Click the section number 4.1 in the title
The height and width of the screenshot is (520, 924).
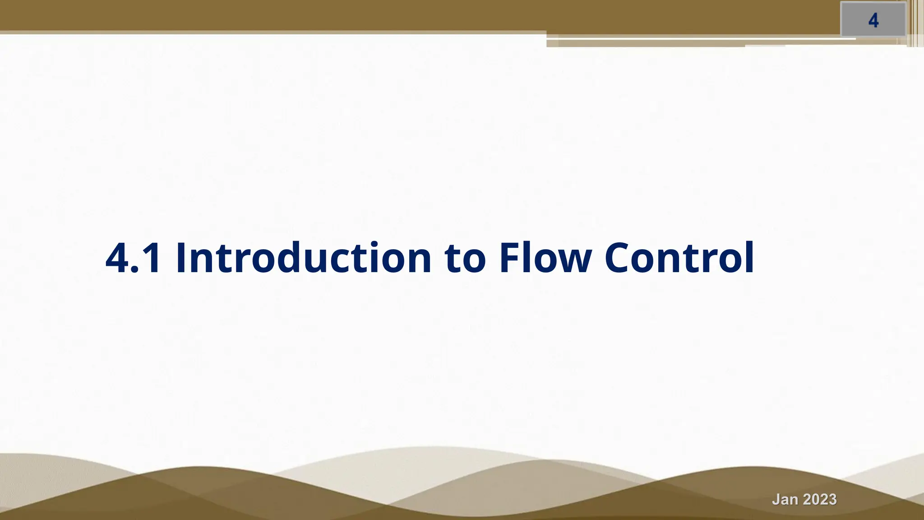[x=133, y=259]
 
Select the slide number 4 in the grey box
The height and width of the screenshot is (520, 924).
[x=873, y=21]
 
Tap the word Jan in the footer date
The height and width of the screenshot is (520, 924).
[x=785, y=500]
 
